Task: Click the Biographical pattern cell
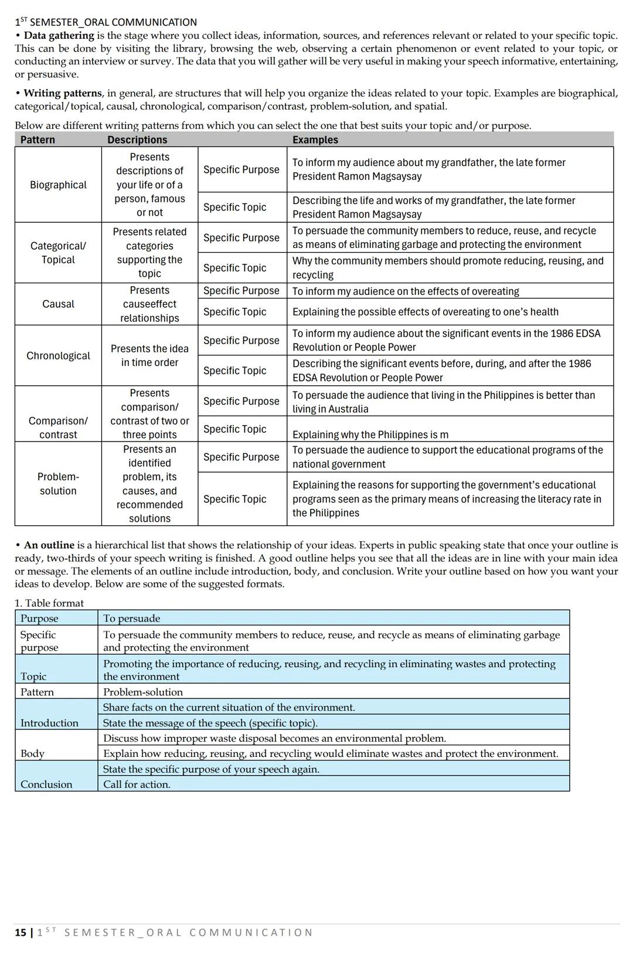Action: point(58,185)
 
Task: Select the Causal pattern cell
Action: point(58,304)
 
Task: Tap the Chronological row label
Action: point(58,355)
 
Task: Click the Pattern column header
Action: point(38,140)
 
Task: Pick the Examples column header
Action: point(315,140)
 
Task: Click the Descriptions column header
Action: point(137,140)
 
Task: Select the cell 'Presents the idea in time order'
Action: point(149,355)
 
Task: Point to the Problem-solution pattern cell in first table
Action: point(58,484)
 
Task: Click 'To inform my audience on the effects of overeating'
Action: point(406,291)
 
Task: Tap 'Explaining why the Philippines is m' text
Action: point(370,434)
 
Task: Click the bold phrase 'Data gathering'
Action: point(59,35)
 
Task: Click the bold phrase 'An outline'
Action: point(49,545)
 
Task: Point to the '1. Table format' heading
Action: point(49,603)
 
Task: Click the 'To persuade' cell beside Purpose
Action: point(131,618)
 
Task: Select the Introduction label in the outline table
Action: point(49,723)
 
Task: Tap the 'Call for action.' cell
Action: point(137,784)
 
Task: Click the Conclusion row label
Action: point(46,784)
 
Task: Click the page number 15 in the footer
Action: point(21,932)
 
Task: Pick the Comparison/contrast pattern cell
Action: point(58,427)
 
